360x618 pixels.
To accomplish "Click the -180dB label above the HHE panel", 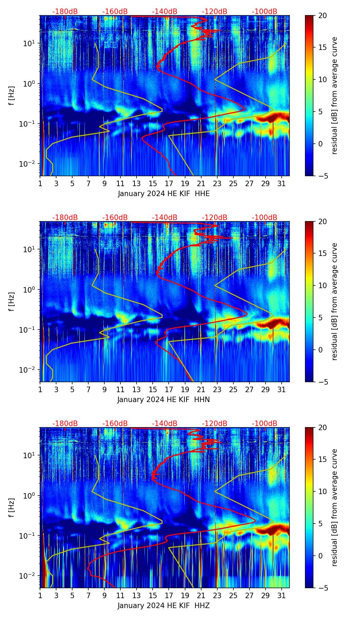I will [x=65, y=12].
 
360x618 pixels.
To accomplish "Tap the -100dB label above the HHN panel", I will [x=265, y=218].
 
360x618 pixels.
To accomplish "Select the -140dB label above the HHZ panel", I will [x=165, y=424].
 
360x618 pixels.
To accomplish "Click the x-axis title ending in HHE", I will [x=164, y=194].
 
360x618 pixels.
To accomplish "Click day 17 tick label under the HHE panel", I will [x=169, y=183].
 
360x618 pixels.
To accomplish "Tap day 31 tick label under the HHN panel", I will [x=281, y=389].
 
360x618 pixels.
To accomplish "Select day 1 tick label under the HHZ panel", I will [x=40, y=595].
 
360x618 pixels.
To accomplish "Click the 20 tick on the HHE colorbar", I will [x=322, y=16].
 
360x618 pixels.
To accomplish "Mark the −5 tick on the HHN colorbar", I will [x=322, y=382].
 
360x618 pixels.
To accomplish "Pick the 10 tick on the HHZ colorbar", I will [x=322, y=491].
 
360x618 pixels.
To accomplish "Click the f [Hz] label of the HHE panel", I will [x=12, y=96].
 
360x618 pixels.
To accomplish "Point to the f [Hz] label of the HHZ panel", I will [x=12, y=508].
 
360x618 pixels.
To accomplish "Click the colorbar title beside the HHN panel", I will [x=334, y=301].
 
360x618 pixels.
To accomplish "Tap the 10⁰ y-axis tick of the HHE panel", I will [x=30, y=83].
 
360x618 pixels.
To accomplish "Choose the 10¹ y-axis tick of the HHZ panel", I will [x=30, y=455].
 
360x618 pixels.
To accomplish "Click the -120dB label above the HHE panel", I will [x=215, y=12].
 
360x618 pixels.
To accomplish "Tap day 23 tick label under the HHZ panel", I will [x=217, y=595].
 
